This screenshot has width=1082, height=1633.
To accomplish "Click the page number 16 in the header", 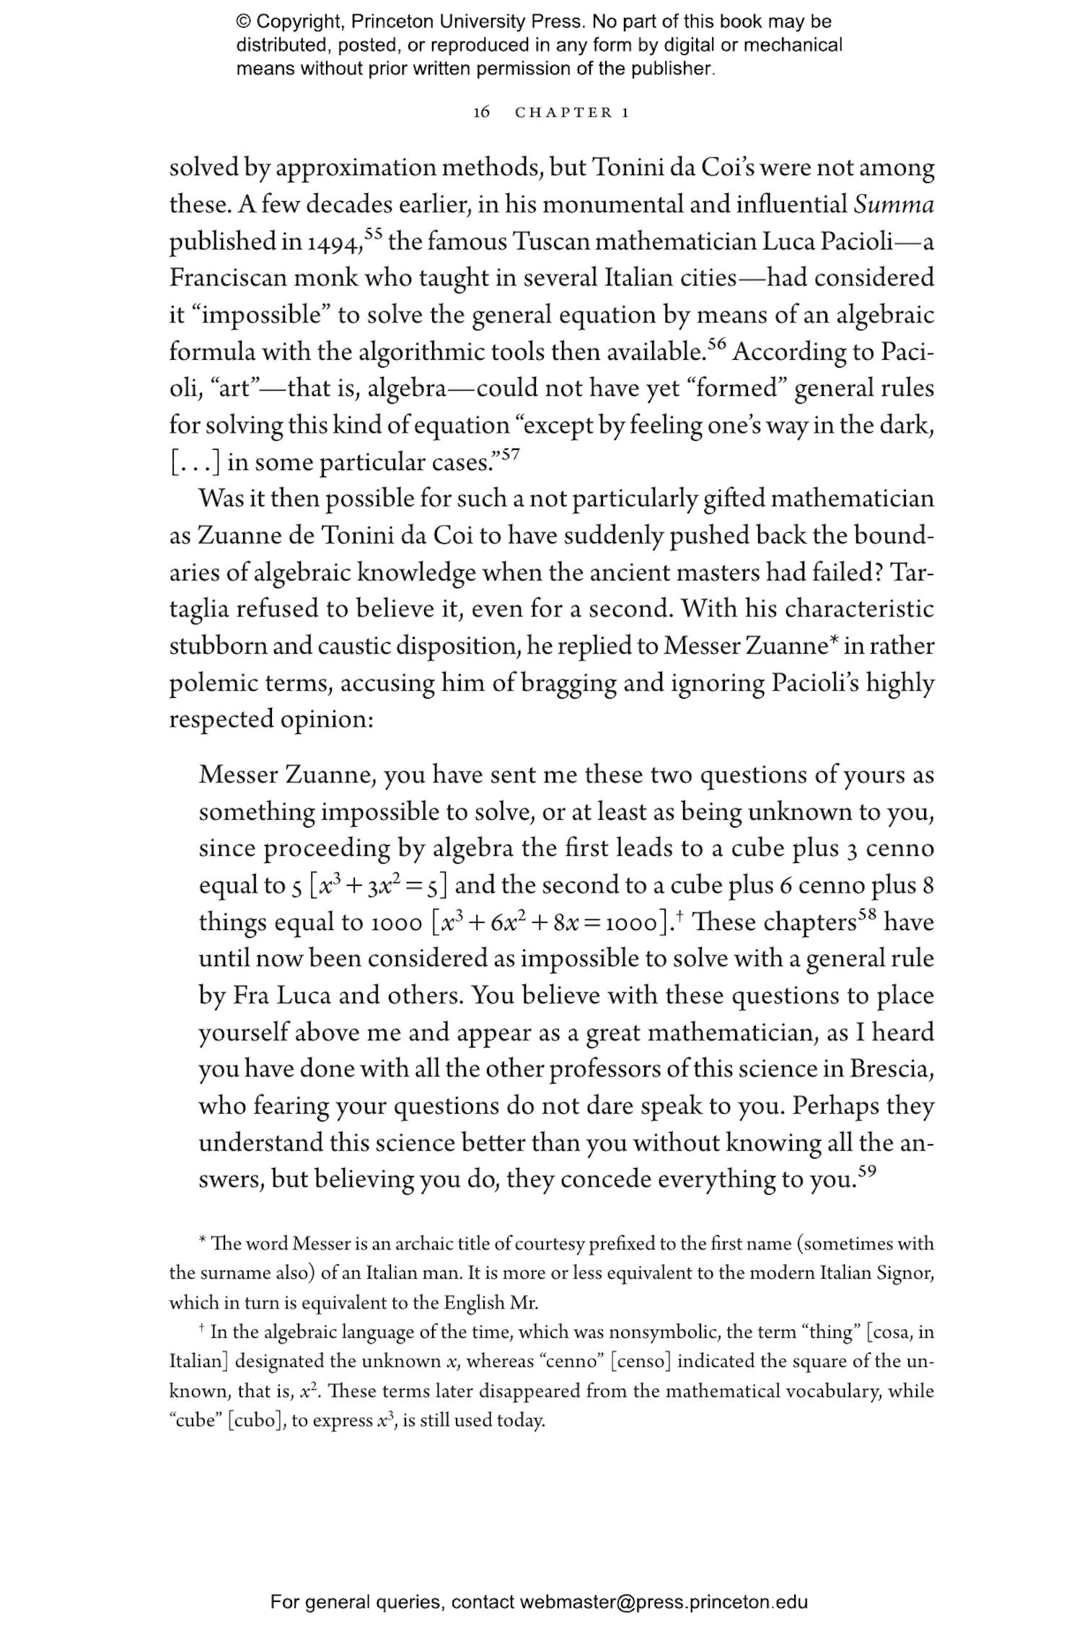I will (481, 112).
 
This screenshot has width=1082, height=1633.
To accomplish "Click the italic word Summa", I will (894, 205).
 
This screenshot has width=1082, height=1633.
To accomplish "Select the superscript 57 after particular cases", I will (510, 453).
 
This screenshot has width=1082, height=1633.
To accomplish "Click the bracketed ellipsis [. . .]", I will (194, 462).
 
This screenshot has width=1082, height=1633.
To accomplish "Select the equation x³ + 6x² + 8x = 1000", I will (549, 922).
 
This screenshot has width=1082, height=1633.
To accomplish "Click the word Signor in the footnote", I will (905, 1293).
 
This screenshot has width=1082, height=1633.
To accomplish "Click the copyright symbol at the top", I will (243, 22).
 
